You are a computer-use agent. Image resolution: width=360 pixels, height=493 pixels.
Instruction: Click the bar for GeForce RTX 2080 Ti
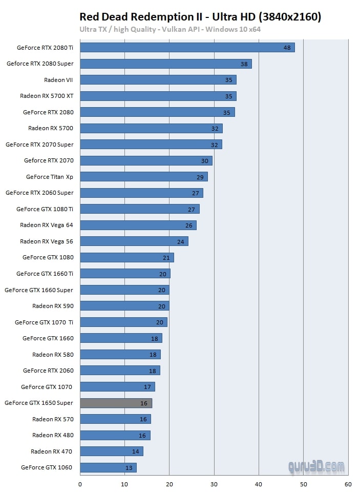pyautogui.click(x=187, y=48)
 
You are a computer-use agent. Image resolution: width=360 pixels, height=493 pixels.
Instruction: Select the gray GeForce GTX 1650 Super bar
pyautogui.click(x=116, y=403)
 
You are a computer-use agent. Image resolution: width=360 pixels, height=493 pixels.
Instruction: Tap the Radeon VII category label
pyautogui.click(x=58, y=80)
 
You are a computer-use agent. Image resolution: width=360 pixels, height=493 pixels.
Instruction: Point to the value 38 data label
pyautogui.click(x=244, y=64)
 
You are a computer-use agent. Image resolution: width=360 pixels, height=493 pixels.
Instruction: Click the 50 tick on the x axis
pyautogui.click(x=304, y=484)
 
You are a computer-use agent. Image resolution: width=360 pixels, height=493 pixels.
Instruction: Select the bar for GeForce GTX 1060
pyautogui.click(x=108, y=468)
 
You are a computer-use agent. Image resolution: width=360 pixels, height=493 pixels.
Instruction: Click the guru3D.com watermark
pyautogui.click(x=315, y=467)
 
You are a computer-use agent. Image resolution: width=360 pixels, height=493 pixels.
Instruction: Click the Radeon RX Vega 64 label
pyautogui.click(x=47, y=225)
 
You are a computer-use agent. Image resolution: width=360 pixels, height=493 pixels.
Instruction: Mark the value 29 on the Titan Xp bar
pyautogui.click(x=200, y=177)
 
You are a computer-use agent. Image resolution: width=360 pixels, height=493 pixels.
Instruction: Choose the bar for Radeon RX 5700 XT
pyautogui.click(x=158, y=96)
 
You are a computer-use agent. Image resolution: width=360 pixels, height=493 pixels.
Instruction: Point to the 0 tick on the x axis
pyautogui.click(x=80, y=484)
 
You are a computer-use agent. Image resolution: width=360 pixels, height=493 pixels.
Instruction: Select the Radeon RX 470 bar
pyautogui.click(x=112, y=451)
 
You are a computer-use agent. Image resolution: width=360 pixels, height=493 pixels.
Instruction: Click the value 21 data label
pyautogui.click(x=166, y=258)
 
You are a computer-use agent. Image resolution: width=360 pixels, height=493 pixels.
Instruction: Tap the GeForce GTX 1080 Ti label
pyautogui.click(x=45, y=209)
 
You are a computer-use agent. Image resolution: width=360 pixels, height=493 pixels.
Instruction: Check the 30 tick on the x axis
pyautogui.click(x=214, y=484)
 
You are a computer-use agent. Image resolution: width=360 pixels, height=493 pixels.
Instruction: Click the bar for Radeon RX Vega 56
pyautogui.click(x=134, y=241)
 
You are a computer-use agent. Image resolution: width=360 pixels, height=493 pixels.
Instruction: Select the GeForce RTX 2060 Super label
pyautogui.click(x=39, y=193)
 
